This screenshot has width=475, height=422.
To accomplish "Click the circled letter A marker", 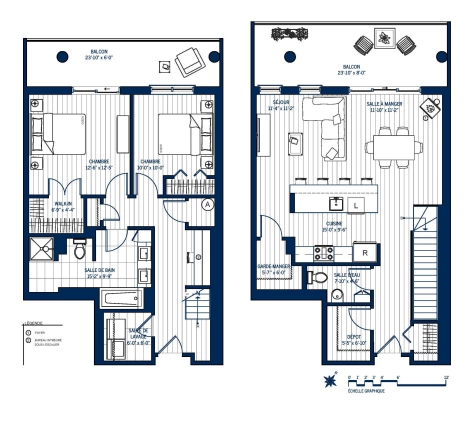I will tap(207, 204).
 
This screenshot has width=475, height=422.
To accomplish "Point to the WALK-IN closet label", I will tap(64, 205).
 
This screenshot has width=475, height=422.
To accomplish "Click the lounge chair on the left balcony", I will tap(189, 64).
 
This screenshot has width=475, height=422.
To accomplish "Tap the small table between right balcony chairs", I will tap(385, 43).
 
